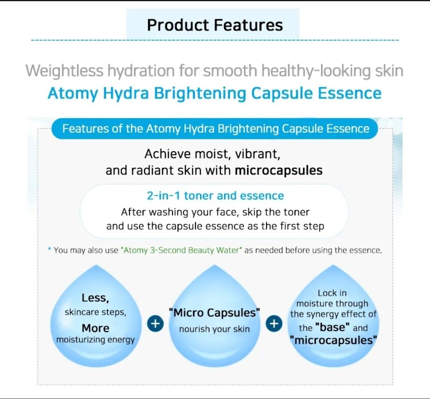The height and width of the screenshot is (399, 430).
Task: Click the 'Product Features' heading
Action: [x=215, y=25]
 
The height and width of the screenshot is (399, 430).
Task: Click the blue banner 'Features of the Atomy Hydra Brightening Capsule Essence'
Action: [x=215, y=129]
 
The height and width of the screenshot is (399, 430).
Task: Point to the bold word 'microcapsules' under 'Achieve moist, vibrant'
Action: [x=278, y=170]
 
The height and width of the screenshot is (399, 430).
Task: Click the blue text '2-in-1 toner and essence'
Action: [x=215, y=196]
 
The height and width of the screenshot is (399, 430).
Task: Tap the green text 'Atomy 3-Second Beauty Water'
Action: [x=181, y=250]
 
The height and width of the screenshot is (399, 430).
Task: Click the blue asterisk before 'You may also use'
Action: [x=49, y=250]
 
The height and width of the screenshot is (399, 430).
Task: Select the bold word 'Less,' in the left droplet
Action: [x=95, y=298]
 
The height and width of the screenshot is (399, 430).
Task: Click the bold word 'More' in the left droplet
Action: [x=96, y=328]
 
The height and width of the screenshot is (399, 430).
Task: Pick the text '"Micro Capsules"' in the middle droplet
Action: [x=214, y=313]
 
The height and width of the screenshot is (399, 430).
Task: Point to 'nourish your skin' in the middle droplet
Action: [x=214, y=329]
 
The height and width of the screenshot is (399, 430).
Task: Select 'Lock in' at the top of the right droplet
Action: [x=332, y=293]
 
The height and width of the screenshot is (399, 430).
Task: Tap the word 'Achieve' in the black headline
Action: [x=162, y=154]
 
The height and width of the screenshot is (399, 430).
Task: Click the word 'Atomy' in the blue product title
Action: [x=72, y=93]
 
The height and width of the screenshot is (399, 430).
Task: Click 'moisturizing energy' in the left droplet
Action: [x=96, y=340]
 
